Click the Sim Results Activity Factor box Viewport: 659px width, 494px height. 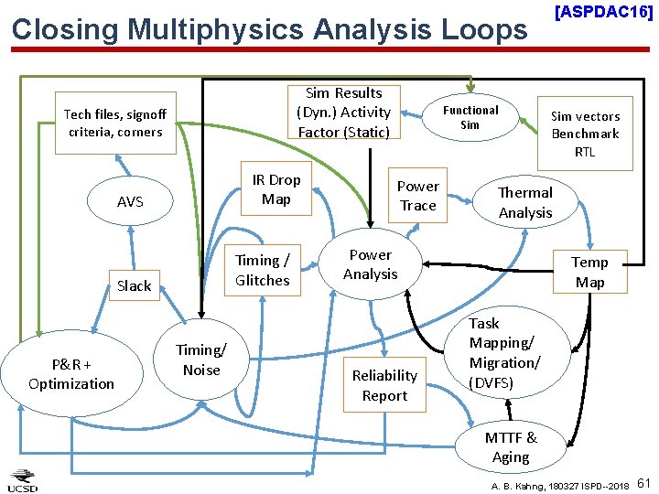[343, 113]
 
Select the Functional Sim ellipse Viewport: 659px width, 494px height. [470, 117]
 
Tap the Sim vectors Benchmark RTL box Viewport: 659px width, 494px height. [585, 134]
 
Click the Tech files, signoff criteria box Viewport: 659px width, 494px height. [115, 123]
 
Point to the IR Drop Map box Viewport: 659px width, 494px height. [276, 189]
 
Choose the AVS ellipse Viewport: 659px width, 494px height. [130, 201]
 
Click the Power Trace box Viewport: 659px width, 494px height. [418, 196]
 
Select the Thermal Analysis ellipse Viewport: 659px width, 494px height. [525, 202]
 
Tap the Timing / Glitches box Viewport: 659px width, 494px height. [263, 271]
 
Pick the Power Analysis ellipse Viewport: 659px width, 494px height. [371, 264]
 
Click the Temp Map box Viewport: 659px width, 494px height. [589, 272]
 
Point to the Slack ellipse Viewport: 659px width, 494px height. [134, 285]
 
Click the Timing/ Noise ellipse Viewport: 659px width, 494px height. [201, 360]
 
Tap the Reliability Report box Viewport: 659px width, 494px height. [384, 385]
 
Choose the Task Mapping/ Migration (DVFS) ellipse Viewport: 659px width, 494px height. [504, 352]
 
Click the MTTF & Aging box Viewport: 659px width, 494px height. [511, 447]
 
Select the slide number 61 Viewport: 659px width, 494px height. [644, 482]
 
